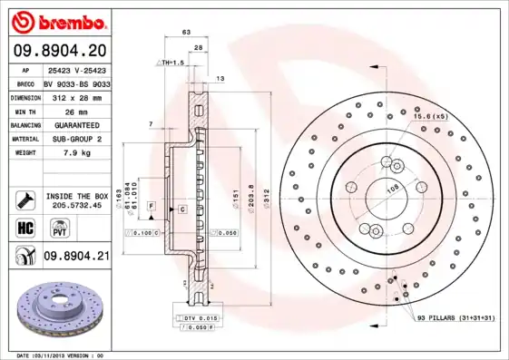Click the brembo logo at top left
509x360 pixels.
57,20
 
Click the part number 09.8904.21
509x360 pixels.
76,257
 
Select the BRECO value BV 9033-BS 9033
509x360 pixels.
77,83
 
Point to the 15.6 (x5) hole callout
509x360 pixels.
430,117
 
